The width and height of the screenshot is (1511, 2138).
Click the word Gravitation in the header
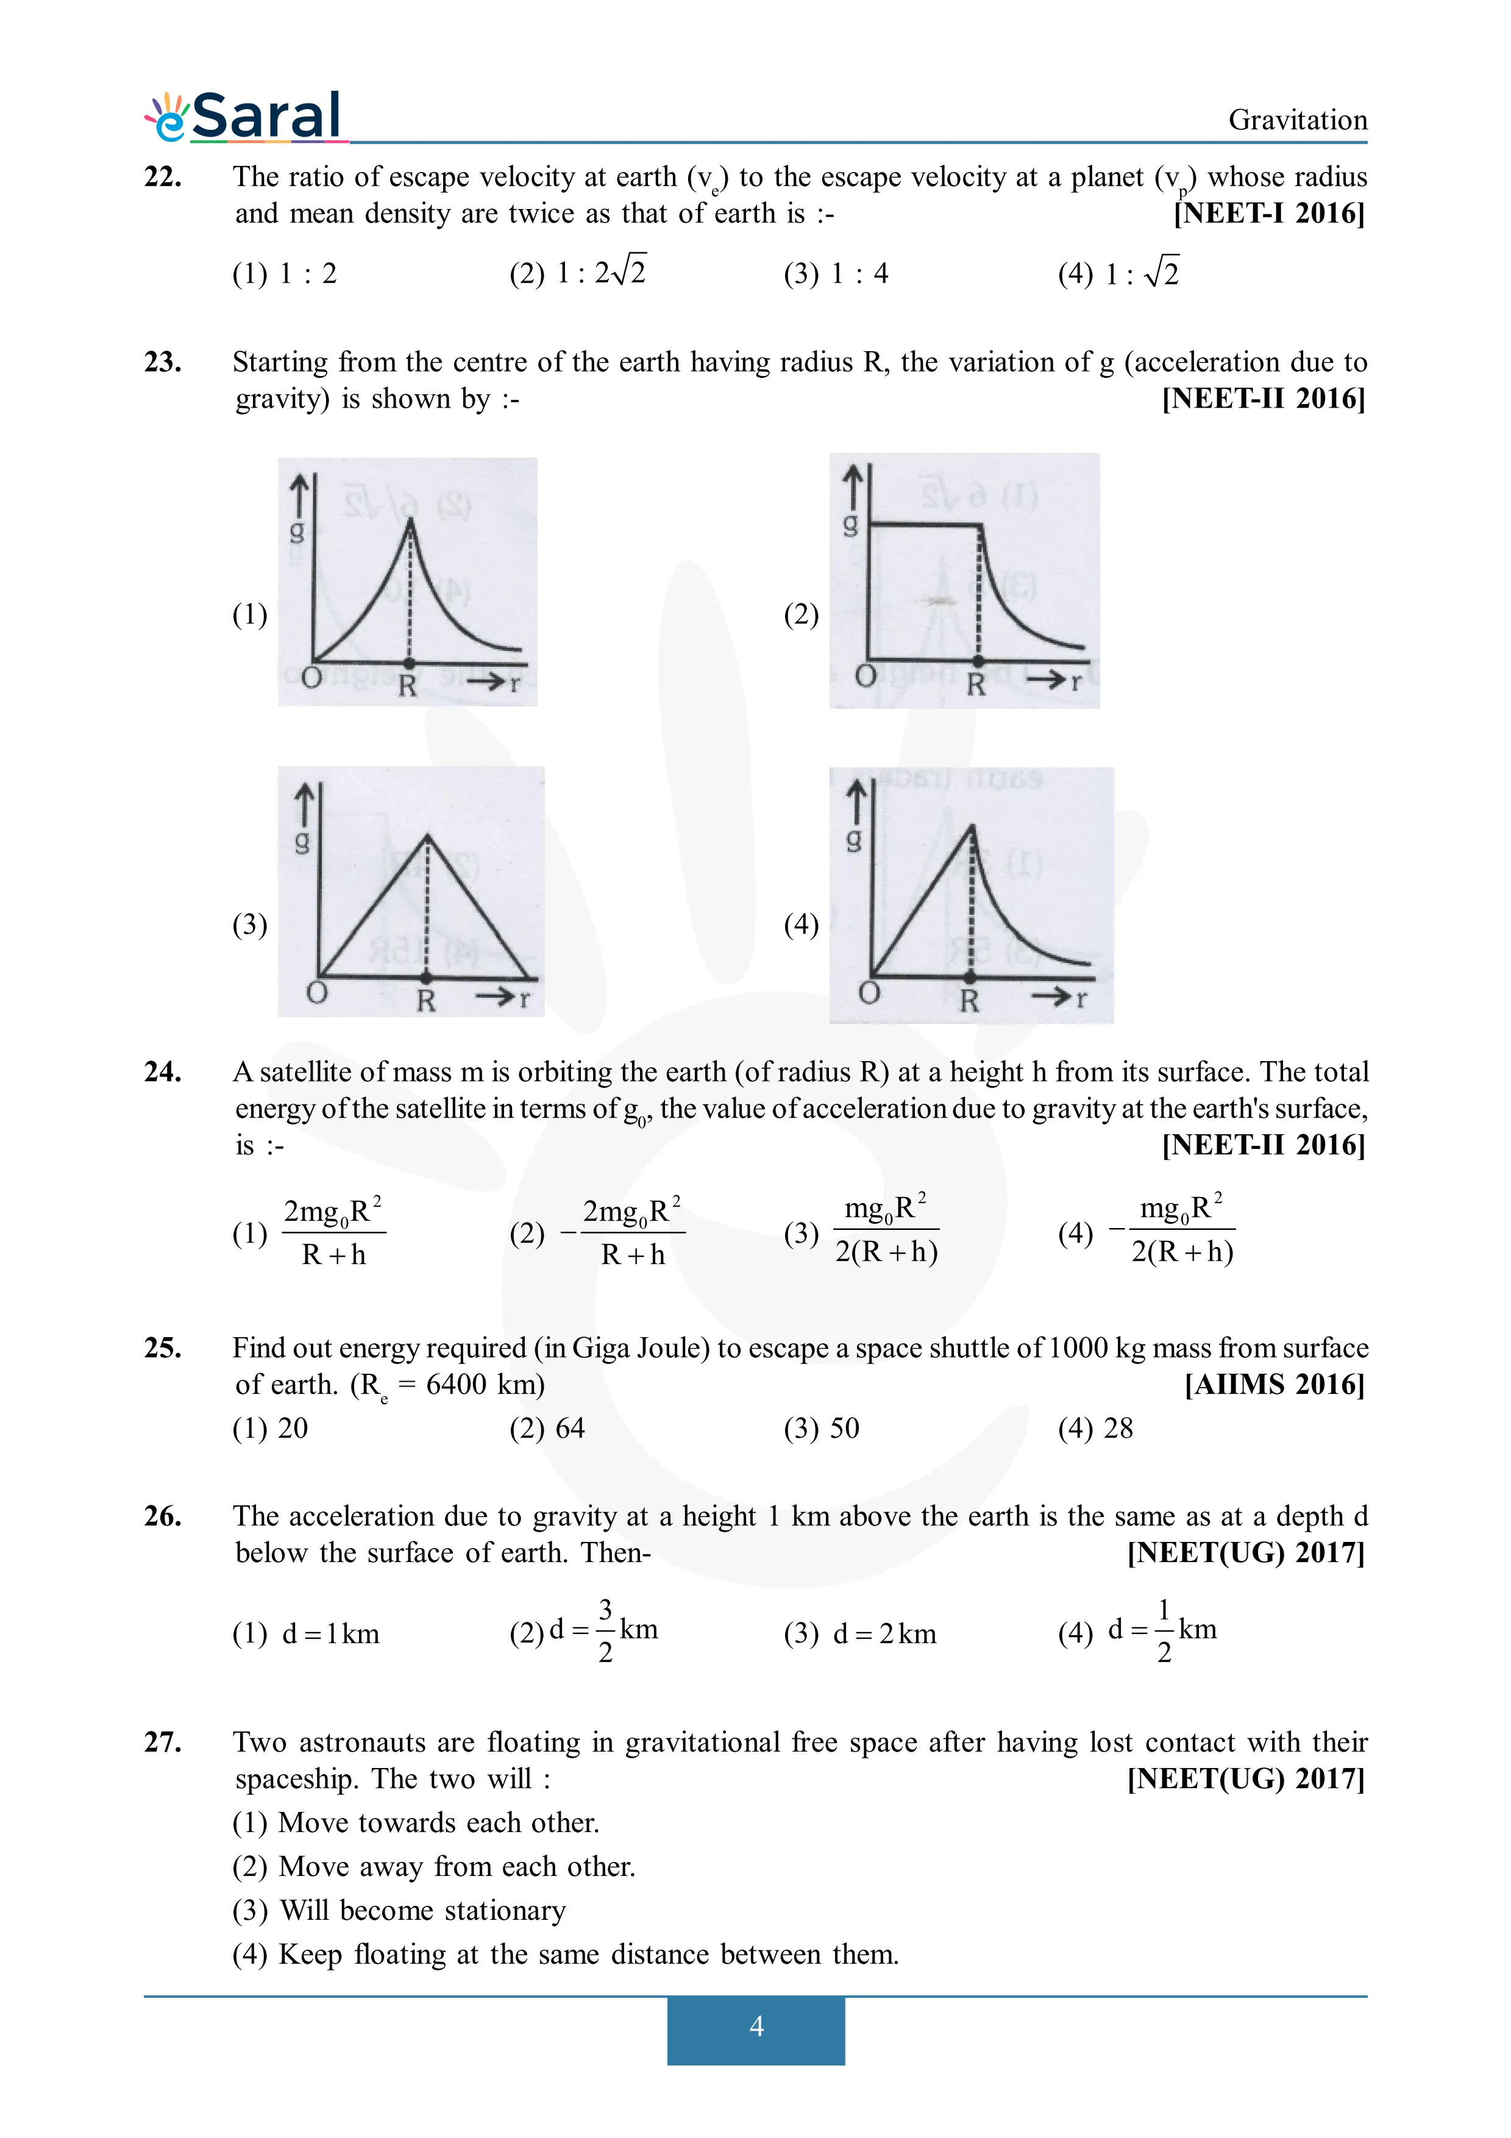tap(1297, 120)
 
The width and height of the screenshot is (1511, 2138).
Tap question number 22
tap(163, 176)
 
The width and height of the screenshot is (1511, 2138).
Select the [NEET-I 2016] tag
tap(1269, 213)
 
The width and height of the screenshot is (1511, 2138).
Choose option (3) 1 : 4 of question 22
tap(836, 274)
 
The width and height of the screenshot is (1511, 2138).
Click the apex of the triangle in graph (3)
tap(427, 836)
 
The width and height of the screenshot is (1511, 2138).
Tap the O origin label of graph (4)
tap(869, 993)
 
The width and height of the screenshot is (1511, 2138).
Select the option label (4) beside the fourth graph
tap(801, 925)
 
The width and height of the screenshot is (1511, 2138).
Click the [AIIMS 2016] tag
tap(1274, 1385)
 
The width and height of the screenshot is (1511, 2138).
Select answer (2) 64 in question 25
tap(547, 1429)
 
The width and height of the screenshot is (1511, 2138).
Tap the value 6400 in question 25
tap(456, 1385)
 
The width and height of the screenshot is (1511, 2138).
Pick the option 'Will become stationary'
tap(422, 1910)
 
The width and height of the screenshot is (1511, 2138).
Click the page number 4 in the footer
tap(756, 2025)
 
